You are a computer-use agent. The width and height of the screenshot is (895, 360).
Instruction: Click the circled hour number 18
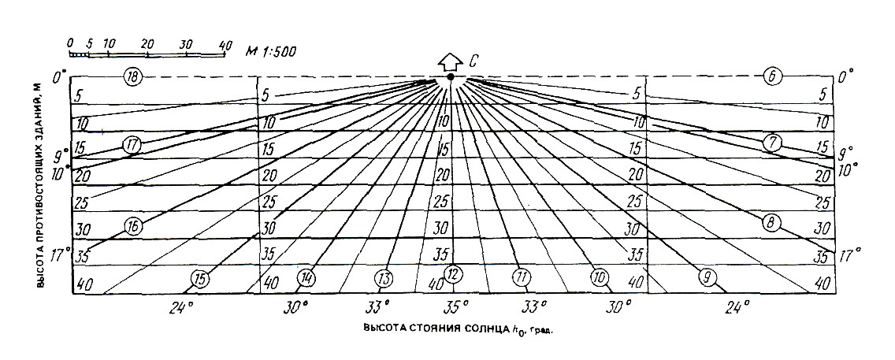[x=133, y=76]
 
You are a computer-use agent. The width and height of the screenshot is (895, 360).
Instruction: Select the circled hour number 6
[x=772, y=76]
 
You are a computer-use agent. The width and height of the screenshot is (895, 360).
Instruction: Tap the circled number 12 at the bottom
[x=452, y=275]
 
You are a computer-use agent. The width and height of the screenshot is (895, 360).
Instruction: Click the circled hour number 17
[x=132, y=145]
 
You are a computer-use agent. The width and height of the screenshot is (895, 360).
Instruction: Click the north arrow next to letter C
[x=450, y=61]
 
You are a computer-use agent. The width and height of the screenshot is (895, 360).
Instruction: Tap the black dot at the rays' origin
[x=450, y=77]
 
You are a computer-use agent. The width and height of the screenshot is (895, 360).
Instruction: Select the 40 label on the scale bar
[x=225, y=45]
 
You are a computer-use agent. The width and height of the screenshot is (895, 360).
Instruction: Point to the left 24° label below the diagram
[x=180, y=307]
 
